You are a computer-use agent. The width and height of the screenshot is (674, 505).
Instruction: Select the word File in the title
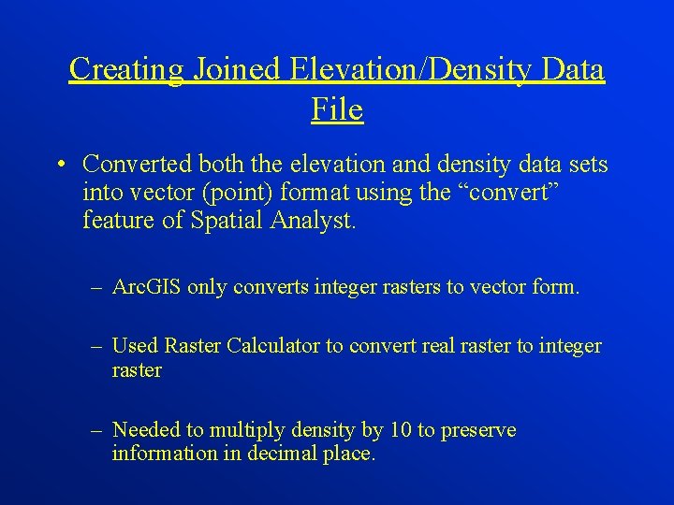click(337, 110)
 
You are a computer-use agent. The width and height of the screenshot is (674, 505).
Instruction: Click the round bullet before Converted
click(59, 166)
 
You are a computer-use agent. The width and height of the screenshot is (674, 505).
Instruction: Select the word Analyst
click(312, 223)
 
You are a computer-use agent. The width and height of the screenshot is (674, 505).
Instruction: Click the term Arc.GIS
click(146, 287)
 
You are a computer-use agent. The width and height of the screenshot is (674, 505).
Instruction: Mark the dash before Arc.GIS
click(97, 287)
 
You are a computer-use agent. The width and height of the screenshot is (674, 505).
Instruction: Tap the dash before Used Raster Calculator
click(97, 346)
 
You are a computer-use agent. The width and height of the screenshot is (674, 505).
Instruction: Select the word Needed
click(145, 430)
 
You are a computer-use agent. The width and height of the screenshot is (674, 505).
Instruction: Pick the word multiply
click(245, 431)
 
